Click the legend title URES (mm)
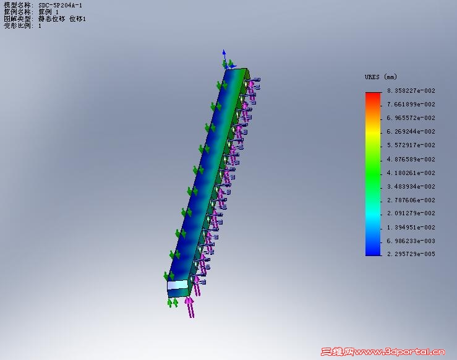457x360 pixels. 380,77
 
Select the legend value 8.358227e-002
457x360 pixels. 411,91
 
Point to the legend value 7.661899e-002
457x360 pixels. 411,105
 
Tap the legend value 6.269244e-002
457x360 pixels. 411,132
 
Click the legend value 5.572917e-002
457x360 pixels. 411,145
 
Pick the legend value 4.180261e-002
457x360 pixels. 411,173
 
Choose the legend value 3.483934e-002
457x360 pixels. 411,187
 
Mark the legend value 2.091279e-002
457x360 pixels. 411,214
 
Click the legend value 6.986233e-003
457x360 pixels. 411,241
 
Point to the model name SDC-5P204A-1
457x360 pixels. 60,5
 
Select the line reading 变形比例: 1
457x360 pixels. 22,26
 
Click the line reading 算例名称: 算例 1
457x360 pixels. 31,12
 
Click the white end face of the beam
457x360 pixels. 177,286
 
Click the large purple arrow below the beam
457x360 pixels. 190,307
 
